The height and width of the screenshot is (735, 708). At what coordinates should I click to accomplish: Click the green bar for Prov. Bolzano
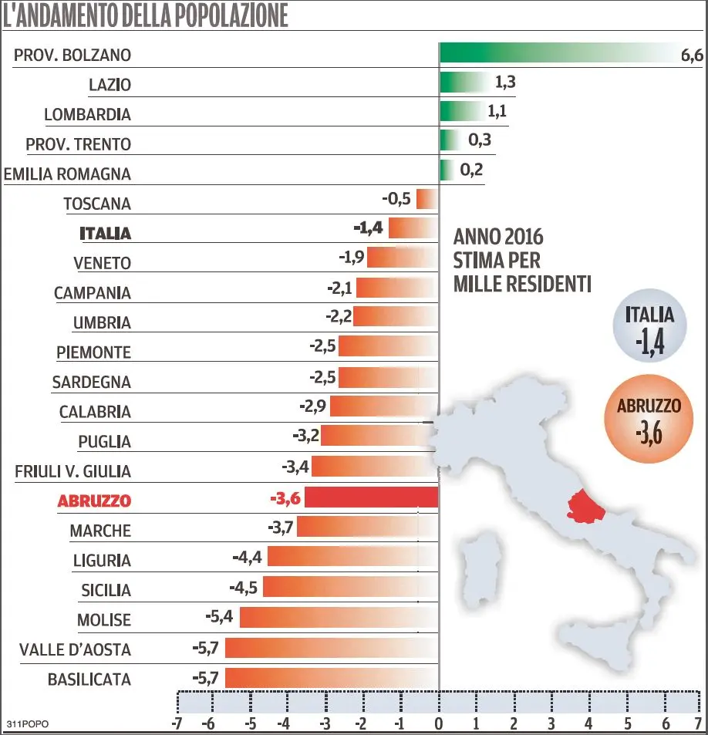(559, 54)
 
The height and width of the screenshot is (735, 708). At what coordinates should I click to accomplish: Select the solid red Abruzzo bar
(372, 498)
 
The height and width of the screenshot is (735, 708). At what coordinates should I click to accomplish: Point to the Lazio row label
(110, 85)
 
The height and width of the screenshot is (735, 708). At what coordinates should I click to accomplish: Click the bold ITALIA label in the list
(106, 233)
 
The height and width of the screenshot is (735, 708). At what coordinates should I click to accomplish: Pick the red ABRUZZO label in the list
(94, 501)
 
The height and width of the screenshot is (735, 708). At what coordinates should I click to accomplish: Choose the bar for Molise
(339, 618)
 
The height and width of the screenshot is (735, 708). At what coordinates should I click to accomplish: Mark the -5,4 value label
(218, 618)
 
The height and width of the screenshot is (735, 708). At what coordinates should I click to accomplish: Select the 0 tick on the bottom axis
(439, 724)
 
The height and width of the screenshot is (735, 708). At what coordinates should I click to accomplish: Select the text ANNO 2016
(498, 236)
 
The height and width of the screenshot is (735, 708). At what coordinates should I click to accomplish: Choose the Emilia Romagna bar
(446, 170)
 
